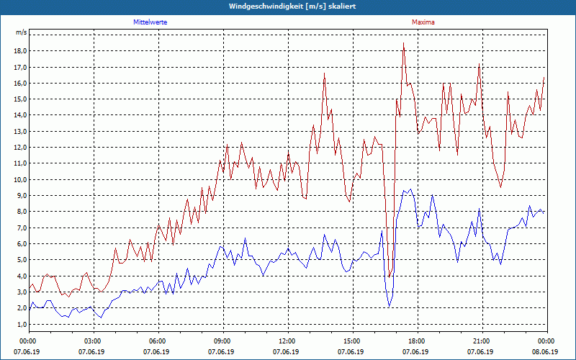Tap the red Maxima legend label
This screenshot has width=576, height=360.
(423, 22)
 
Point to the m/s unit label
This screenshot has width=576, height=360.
(21, 33)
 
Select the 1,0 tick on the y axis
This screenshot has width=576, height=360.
(21, 324)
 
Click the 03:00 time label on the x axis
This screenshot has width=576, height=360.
(94, 341)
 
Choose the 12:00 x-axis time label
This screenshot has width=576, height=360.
(287, 341)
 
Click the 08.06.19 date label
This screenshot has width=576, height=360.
(546, 351)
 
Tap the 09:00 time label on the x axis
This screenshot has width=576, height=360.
(222, 341)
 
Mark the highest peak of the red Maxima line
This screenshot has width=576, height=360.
(403, 43)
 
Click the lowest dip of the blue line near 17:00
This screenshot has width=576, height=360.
(390, 306)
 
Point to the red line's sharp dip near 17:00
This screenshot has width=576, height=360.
(390, 276)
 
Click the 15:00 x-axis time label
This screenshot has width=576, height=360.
(352, 341)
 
